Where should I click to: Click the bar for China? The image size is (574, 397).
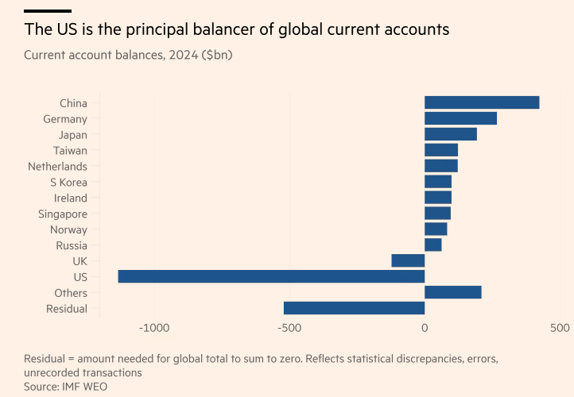coord(482,102)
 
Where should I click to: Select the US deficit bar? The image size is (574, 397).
coord(271,276)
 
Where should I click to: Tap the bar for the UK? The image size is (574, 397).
coord(408,260)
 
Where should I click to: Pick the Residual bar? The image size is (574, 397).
coord(354,308)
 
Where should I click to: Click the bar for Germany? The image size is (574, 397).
coord(460,118)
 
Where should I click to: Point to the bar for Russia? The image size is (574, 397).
coord(432,245)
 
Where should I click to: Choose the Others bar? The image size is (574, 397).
coord(452,292)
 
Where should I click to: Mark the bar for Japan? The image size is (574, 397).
coord(450,134)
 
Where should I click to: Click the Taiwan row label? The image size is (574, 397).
coord(70,150)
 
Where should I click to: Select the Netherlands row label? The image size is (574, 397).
coord(57,166)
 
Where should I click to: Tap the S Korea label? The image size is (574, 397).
coord(68,182)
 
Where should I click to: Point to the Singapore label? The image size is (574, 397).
coord(63,214)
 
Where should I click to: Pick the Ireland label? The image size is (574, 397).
coord(71,198)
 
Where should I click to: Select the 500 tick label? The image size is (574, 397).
coord(560,328)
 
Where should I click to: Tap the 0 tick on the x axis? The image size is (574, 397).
coord(425,328)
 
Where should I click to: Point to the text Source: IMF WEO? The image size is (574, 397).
coord(65,386)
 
